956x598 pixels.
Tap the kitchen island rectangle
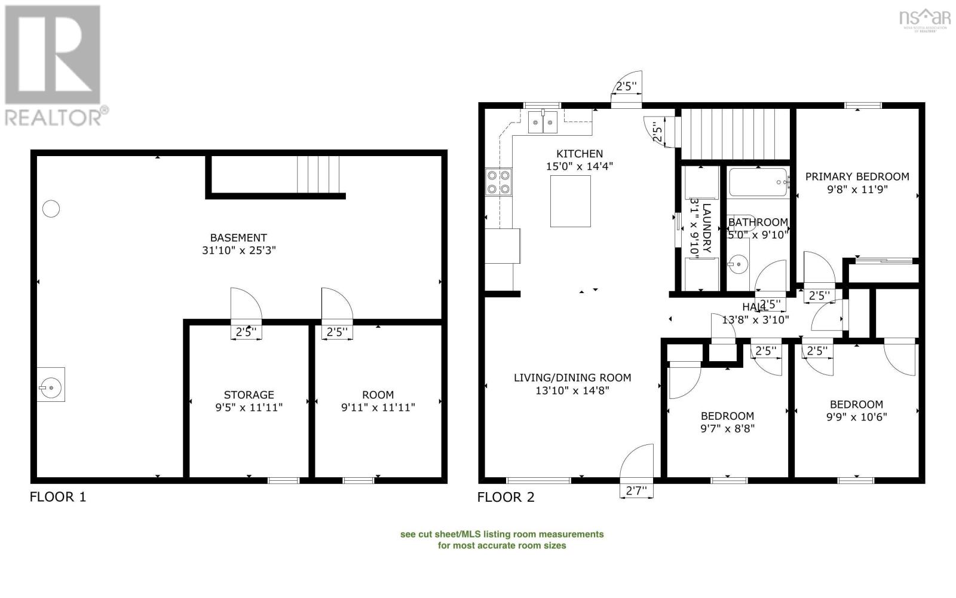(570, 201)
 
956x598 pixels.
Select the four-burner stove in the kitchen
(498, 182)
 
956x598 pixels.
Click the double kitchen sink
(543, 123)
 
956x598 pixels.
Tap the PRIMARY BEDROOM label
(857, 176)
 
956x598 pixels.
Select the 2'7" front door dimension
(636, 492)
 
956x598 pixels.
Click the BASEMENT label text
(238, 237)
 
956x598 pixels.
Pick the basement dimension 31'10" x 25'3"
(238, 251)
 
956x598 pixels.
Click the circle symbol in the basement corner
(51, 209)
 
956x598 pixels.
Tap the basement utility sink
(51, 385)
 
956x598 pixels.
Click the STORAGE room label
(249, 395)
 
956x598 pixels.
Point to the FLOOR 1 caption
(58, 497)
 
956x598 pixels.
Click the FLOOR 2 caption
(505, 497)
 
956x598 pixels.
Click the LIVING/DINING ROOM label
(572, 377)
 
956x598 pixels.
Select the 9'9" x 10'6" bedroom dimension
(856, 417)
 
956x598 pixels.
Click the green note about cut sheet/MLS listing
(501, 539)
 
